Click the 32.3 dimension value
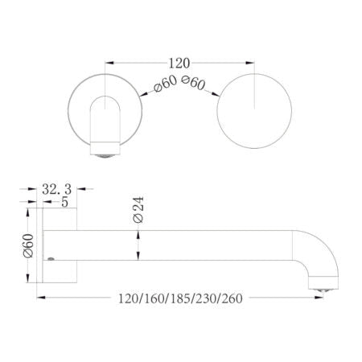pyautogui.click(x=58, y=190)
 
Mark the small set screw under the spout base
pyautogui.click(x=51, y=260)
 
